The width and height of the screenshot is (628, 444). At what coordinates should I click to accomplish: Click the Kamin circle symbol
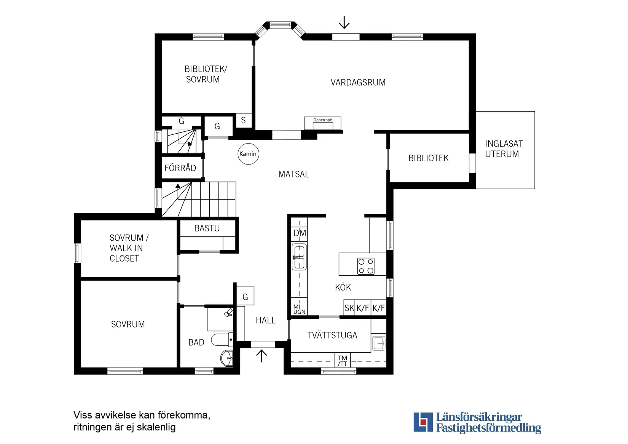pos(248,154)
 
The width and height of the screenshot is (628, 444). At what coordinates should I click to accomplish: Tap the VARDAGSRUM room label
pos(358,83)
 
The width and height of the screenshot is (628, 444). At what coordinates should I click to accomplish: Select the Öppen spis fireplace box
pos(322,123)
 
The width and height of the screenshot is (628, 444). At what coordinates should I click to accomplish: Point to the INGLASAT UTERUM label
pos(503,149)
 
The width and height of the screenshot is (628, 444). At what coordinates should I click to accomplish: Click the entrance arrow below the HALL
pos(261,356)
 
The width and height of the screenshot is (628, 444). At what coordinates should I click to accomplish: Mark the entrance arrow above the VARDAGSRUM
pos(344,22)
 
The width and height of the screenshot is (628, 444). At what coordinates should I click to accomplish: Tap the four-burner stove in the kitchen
pos(366,266)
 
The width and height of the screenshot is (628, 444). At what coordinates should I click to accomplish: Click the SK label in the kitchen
pos(349,308)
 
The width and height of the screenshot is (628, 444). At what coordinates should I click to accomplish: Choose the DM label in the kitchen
pos(300,233)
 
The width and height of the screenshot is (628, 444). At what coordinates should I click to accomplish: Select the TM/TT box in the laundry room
pos(343,361)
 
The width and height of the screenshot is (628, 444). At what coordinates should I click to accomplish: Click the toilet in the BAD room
pos(222,339)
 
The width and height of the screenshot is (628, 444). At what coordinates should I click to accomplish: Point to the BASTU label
pos(207,228)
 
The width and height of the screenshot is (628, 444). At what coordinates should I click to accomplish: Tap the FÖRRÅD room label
pos(180,168)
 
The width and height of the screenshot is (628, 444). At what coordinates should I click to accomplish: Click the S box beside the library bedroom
pos(244,121)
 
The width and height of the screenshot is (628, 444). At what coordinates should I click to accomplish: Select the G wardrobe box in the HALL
pos(245,297)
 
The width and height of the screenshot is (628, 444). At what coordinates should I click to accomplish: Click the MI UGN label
pos(299,309)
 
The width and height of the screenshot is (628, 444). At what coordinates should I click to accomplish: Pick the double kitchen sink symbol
pos(299,257)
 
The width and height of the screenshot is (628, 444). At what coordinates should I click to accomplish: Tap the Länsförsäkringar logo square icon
pos(423,422)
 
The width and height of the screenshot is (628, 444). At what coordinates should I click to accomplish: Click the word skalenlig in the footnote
pos(156,427)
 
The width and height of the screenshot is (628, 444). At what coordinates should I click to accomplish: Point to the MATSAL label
pos(293,174)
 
